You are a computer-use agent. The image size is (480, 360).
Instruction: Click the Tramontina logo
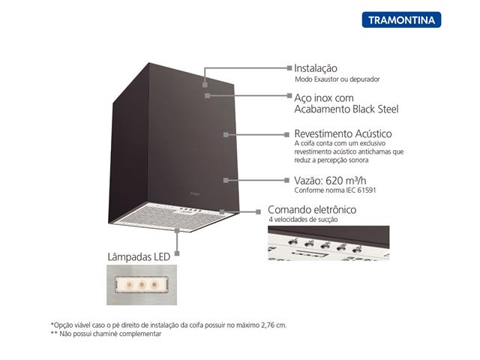point(401,19)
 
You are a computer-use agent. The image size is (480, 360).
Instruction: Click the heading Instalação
point(316,67)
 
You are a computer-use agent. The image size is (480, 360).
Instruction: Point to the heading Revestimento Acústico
point(343,133)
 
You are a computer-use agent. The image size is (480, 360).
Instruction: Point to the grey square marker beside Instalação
point(287,67)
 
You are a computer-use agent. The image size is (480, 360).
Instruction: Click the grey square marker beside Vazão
point(287,180)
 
